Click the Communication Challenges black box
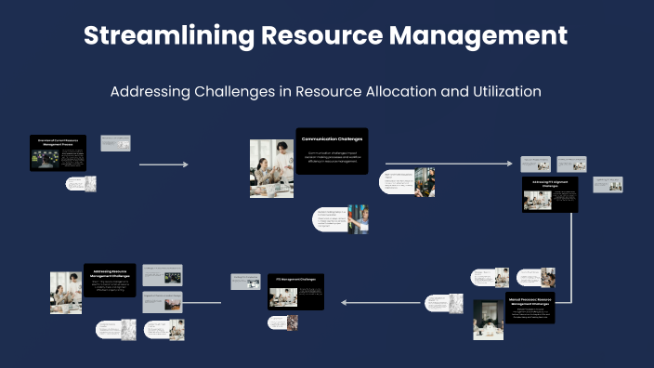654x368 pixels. pos(332,151)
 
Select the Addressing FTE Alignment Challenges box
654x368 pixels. pos(550,194)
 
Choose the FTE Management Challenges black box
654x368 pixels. pos(295,292)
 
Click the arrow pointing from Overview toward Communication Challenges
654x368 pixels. pos(163,164)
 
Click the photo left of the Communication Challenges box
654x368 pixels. pos(271,167)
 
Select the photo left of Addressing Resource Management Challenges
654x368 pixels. pos(65,292)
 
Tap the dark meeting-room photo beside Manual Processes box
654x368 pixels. pos(488,319)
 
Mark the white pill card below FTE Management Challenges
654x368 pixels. pos(282,322)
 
